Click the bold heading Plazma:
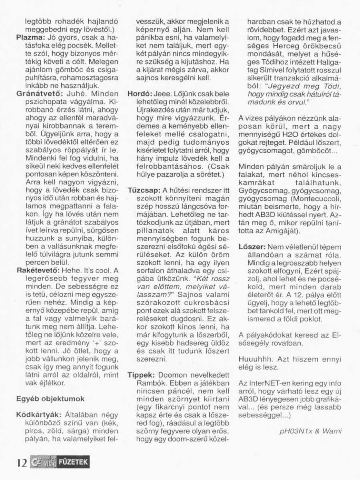(29, 37)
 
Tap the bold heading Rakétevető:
(34, 270)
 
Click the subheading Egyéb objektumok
(50, 399)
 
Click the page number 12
(22, 463)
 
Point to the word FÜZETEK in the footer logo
(74, 463)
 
